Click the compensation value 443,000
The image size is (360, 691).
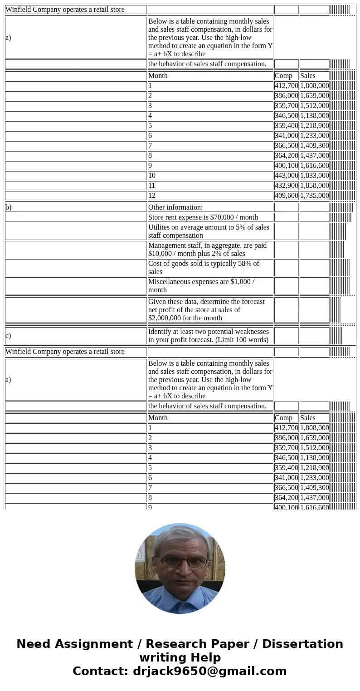click(286, 176)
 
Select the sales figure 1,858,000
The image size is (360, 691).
click(314, 186)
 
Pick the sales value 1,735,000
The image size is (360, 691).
click(314, 196)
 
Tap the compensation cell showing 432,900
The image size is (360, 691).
click(286, 186)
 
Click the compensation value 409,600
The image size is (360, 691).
click(286, 196)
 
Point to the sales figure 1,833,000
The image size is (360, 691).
click(314, 176)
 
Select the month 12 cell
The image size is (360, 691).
click(210, 196)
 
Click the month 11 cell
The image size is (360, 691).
click(210, 186)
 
